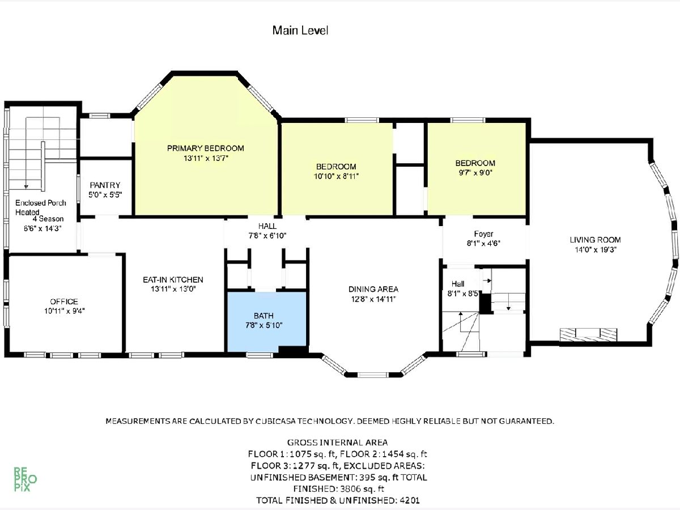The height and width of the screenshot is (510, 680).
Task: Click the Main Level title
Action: (300, 31)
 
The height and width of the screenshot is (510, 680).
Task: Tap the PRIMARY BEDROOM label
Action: (205, 148)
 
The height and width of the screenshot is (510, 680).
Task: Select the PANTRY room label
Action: (105, 185)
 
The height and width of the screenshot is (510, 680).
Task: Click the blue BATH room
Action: (267, 321)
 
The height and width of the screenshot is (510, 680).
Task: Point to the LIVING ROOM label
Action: (595, 240)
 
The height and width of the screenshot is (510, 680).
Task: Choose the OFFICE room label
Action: (64, 301)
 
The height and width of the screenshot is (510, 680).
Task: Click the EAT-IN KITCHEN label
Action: (173, 279)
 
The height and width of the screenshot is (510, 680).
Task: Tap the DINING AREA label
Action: (373, 289)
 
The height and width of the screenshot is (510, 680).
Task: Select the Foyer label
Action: (483, 234)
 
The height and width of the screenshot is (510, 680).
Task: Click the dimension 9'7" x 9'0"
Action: (475, 173)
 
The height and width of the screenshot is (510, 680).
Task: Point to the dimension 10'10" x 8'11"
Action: (336, 176)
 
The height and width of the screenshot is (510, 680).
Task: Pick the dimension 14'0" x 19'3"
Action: (596, 249)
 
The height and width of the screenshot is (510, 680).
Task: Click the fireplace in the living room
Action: (588, 335)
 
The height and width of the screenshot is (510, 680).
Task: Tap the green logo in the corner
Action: (25, 479)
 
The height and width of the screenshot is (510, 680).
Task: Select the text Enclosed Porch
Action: (41, 203)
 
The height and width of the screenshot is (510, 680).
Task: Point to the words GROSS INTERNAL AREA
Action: (337, 443)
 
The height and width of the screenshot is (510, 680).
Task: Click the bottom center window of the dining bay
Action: (373, 375)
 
